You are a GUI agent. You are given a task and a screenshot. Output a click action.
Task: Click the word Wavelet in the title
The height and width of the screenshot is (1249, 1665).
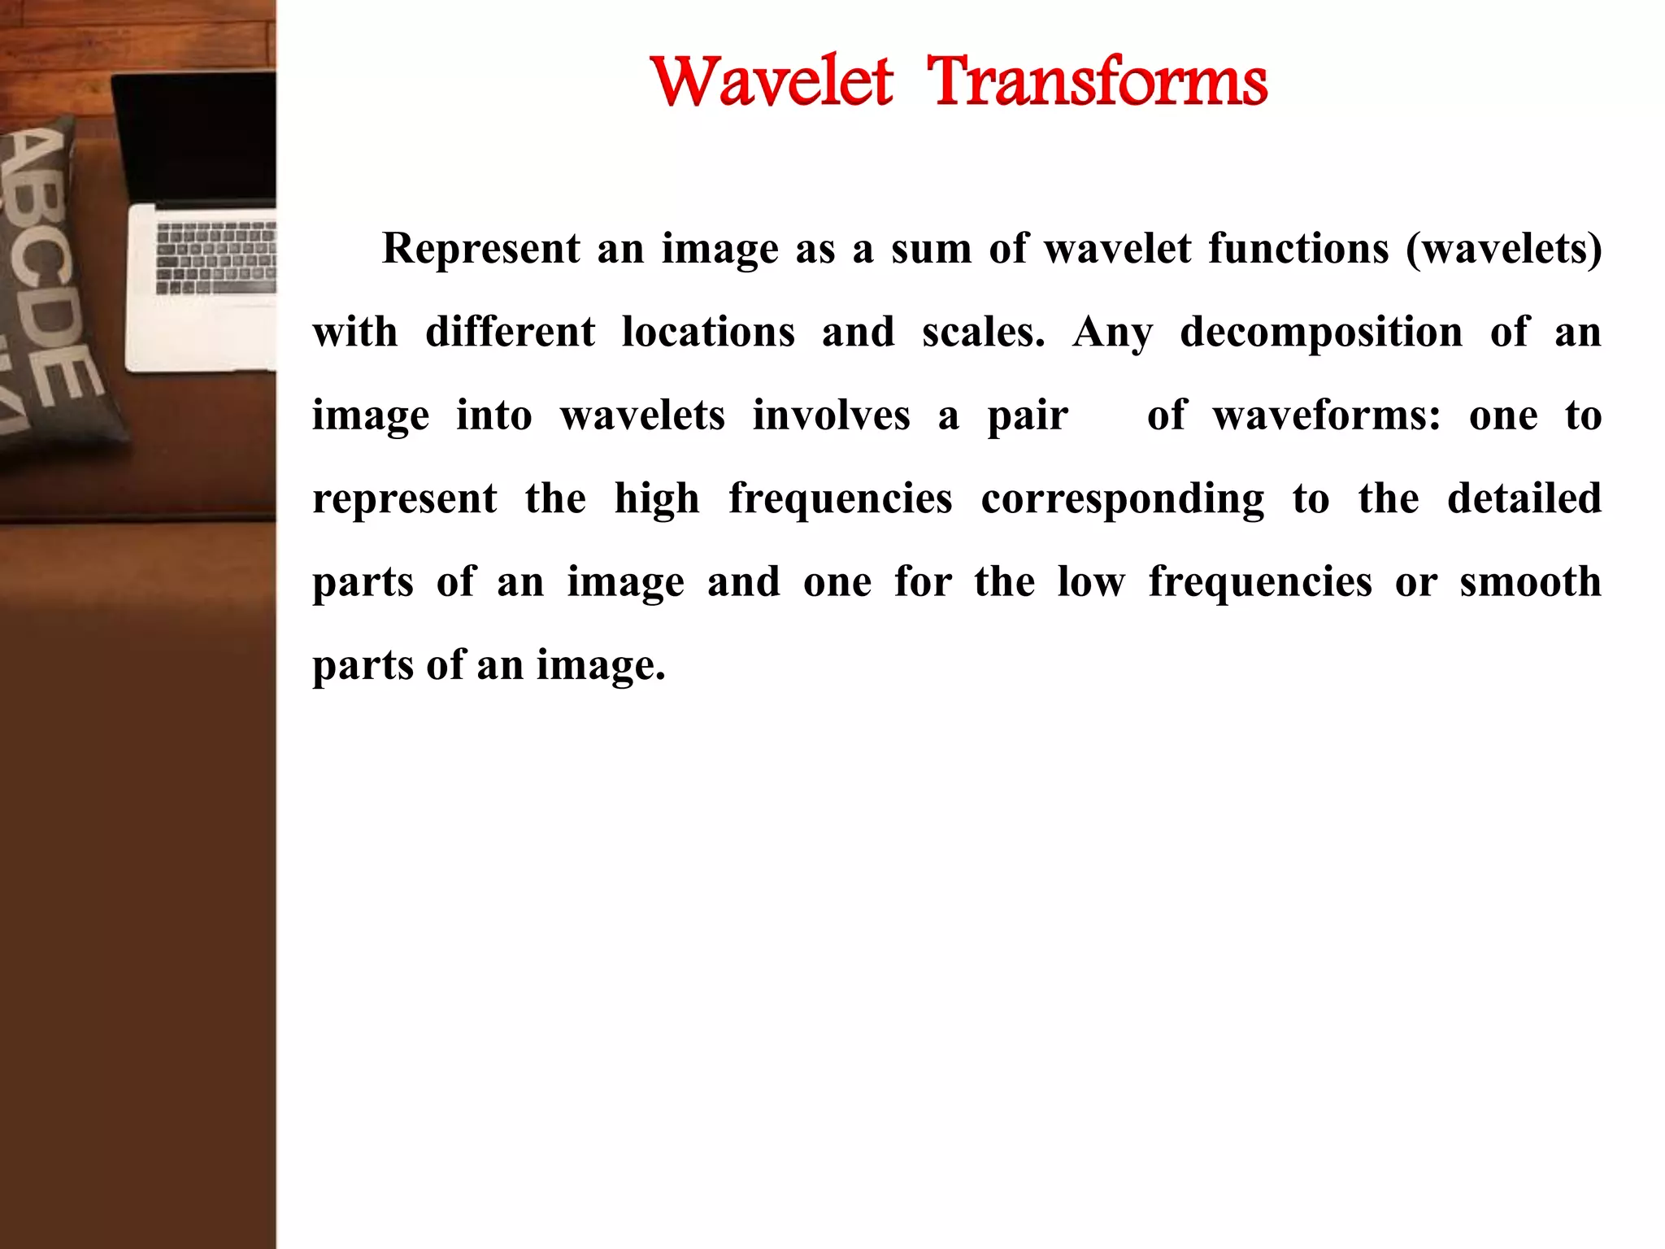[772, 81]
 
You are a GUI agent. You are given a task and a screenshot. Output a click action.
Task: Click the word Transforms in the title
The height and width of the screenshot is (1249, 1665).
[1098, 81]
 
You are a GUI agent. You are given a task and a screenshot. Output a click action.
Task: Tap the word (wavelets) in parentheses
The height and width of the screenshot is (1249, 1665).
[1504, 248]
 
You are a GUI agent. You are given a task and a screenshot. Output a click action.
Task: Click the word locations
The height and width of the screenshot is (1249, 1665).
[708, 332]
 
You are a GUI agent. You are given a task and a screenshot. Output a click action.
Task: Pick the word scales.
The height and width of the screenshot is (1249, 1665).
[983, 332]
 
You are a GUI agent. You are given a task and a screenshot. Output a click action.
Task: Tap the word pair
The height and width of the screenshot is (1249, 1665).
[1028, 416]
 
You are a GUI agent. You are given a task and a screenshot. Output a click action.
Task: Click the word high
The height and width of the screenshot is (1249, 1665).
[657, 499]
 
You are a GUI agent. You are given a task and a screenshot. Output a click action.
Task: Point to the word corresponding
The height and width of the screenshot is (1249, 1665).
[1123, 499]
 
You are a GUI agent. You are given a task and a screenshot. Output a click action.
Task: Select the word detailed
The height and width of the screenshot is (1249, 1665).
[1524, 498]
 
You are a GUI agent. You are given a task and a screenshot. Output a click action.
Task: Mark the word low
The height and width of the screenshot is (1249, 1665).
[1091, 581]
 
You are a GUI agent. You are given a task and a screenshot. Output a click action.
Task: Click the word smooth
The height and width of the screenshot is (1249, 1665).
[1530, 581]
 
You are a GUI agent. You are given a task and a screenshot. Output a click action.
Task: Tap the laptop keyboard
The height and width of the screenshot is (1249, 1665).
[215, 256]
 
